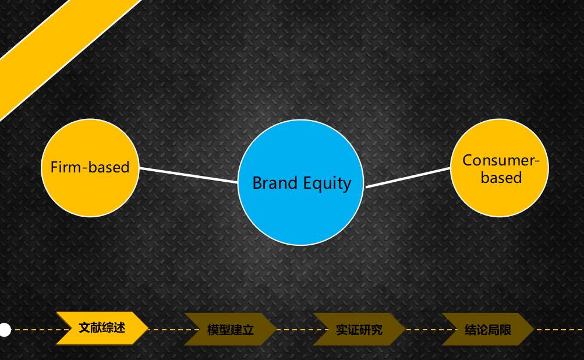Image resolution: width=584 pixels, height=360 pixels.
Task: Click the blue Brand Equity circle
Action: pyautogui.click(x=300, y=182)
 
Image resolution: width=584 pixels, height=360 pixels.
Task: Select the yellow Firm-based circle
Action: pyautogui.click(x=90, y=168)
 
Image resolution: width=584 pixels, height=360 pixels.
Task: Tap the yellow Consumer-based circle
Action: pyautogui.click(x=500, y=168)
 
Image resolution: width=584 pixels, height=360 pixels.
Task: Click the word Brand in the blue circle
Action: pyautogui.click(x=274, y=183)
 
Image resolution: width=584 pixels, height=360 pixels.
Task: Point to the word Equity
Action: pyautogui.click(x=327, y=184)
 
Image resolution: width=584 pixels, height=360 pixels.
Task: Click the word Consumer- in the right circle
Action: pyautogui.click(x=501, y=160)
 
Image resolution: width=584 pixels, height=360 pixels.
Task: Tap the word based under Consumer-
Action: pyautogui.click(x=501, y=178)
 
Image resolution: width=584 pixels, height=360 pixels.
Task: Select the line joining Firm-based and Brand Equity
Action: pyautogui.click(x=189, y=175)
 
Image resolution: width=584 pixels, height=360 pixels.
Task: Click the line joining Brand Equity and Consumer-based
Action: pyautogui.click(x=408, y=178)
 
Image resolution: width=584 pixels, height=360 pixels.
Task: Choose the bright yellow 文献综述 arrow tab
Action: pyautogui.click(x=102, y=328)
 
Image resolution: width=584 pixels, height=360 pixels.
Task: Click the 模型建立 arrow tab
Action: pyautogui.click(x=230, y=330)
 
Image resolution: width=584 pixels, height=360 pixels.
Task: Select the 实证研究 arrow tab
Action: pyautogui.click(x=359, y=330)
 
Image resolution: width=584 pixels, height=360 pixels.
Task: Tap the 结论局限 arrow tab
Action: pyautogui.click(x=488, y=330)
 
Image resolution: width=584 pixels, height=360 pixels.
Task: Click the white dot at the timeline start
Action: pyautogui.click(x=5, y=330)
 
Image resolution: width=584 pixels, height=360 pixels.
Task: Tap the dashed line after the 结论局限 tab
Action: pyautogui.click(x=560, y=330)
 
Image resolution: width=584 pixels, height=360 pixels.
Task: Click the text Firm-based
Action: pyautogui.click(x=90, y=167)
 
